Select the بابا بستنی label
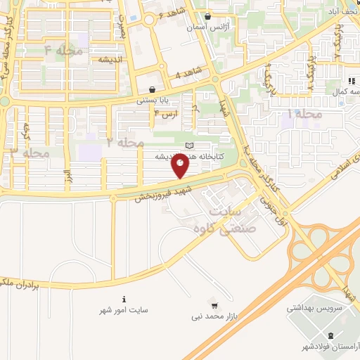pos(153,100)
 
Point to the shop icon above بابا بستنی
pos(153,90)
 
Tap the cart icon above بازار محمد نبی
pos(215,306)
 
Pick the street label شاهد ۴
pos(188,74)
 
